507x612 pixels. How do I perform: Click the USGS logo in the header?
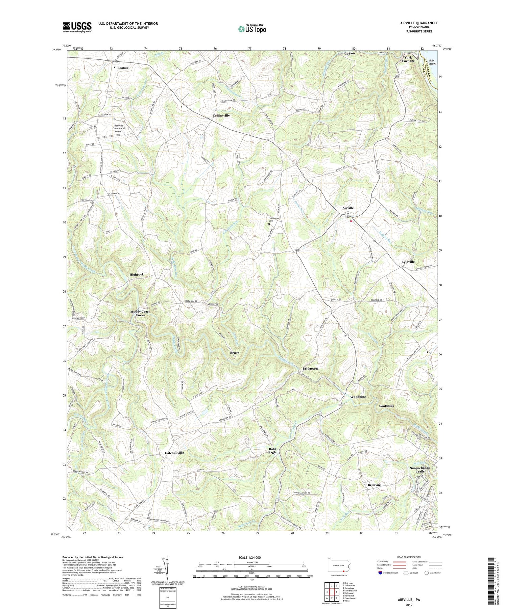[77, 27]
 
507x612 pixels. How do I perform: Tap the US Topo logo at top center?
[252, 29]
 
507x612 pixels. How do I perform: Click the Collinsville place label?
[221, 115]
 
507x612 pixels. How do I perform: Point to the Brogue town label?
[123, 68]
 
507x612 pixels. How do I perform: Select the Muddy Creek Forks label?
[140, 313]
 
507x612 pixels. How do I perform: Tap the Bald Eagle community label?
[272, 451]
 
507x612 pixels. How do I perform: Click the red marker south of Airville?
[351, 221]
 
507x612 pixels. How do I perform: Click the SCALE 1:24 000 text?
[252, 557]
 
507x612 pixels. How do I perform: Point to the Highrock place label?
[137, 274]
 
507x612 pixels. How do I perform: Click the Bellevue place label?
[374, 485]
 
